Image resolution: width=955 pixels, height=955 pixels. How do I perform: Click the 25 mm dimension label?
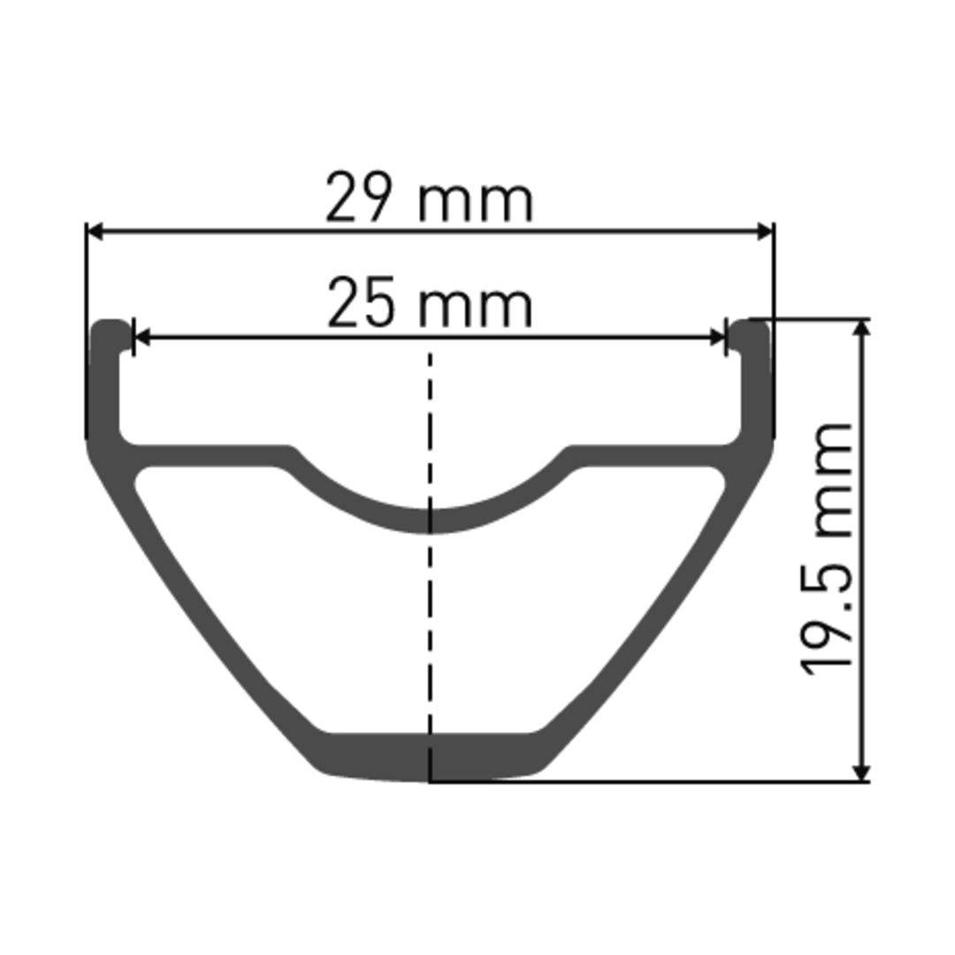[x=430, y=305]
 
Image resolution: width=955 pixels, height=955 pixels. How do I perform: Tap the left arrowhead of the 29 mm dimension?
[x=95, y=232]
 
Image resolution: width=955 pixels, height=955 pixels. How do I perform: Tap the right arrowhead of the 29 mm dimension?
[x=766, y=232]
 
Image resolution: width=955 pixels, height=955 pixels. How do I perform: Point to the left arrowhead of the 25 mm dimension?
[x=141, y=337]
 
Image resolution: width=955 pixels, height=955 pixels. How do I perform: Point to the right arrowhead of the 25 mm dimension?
[x=719, y=337]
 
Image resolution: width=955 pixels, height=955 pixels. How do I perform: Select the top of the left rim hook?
[x=108, y=325]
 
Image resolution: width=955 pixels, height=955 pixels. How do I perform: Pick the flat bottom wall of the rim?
[x=431, y=758]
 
